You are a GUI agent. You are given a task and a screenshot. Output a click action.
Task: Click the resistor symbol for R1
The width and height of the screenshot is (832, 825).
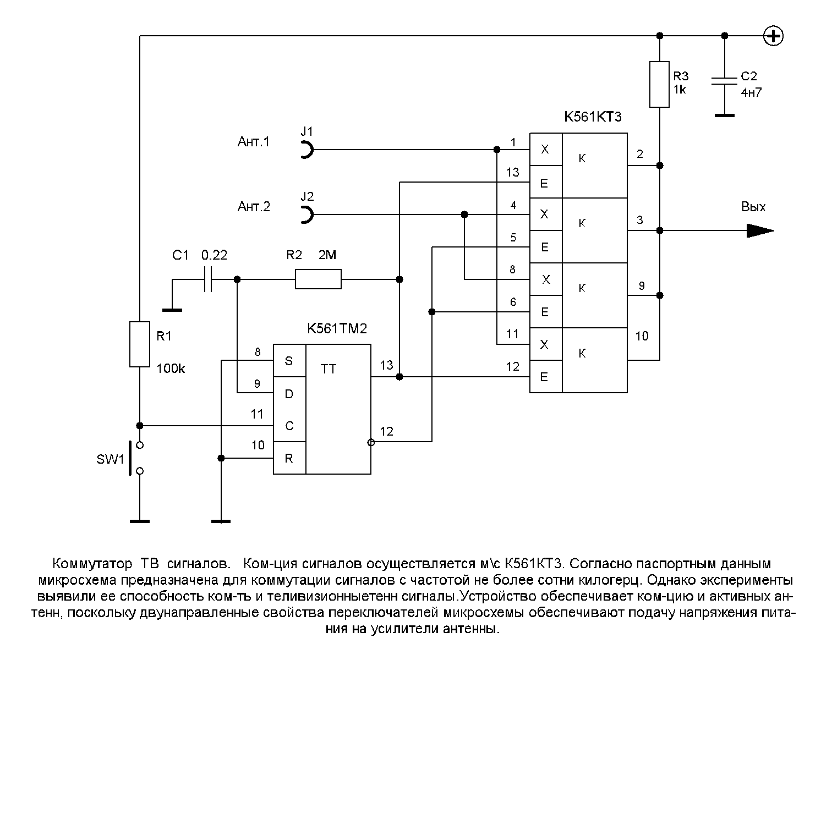(x=140, y=344)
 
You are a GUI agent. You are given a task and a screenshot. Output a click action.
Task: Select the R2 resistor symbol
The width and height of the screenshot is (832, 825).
(x=318, y=279)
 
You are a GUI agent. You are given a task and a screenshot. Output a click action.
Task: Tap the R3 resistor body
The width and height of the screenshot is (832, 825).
(x=659, y=84)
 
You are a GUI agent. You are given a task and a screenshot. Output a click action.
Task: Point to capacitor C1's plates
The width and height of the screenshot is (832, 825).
(x=207, y=279)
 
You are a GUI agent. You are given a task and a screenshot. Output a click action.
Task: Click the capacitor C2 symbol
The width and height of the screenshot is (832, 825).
(x=724, y=81)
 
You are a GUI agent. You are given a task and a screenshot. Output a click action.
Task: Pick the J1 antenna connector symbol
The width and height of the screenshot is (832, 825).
(x=307, y=149)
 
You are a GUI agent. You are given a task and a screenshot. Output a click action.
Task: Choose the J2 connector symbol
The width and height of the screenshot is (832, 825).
(x=307, y=214)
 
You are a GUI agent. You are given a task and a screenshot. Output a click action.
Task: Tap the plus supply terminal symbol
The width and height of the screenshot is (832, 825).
(x=774, y=36)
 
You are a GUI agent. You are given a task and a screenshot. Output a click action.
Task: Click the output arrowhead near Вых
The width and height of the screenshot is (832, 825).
(x=760, y=230)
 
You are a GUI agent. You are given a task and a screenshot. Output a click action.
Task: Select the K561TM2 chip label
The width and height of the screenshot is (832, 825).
(x=337, y=329)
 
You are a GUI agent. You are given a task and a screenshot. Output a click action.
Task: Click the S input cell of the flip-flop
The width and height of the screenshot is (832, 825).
(x=290, y=361)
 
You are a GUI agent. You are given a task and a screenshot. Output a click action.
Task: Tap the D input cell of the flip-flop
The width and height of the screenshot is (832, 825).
(x=290, y=393)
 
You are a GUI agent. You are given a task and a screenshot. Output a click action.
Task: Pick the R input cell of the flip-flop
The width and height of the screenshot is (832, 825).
(x=290, y=458)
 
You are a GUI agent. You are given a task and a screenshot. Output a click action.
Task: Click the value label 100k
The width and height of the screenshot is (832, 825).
(x=171, y=369)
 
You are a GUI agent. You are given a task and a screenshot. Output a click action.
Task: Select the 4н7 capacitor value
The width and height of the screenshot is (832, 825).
(x=751, y=92)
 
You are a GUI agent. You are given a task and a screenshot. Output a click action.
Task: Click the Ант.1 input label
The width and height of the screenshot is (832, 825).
(x=254, y=142)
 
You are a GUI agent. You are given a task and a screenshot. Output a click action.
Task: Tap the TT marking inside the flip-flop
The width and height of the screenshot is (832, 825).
(x=329, y=369)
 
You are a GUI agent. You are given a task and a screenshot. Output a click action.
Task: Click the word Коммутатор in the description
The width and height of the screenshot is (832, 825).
(x=92, y=564)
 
